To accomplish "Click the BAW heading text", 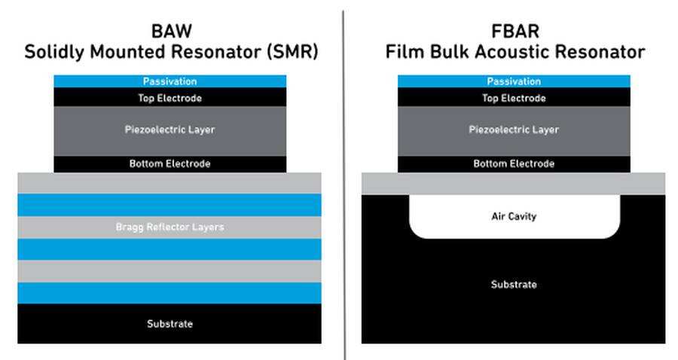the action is tap(172, 31).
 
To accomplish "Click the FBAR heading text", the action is tap(515, 31).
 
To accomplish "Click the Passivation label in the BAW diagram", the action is tap(170, 81).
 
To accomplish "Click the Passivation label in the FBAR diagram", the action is tap(514, 81).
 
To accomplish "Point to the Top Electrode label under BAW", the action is tap(170, 98).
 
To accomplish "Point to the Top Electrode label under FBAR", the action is tap(514, 98).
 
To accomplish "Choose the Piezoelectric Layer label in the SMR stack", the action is tap(170, 130).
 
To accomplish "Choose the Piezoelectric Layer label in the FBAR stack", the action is tap(514, 130).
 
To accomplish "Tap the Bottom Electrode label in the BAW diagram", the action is tap(170, 163).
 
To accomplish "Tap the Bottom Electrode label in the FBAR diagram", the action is tap(514, 163).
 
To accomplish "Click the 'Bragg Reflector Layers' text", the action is tap(170, 227).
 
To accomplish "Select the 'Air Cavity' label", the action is tap(514, 216).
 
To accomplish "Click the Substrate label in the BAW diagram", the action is tap(170, 324).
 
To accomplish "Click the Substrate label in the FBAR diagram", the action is tap(514, 285).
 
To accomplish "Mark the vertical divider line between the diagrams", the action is tap(344, 185).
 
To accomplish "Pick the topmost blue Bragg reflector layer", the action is tap(169, 205).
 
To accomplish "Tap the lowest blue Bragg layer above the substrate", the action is tap(169, 293).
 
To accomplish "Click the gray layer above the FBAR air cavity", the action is tap(513, 184).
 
